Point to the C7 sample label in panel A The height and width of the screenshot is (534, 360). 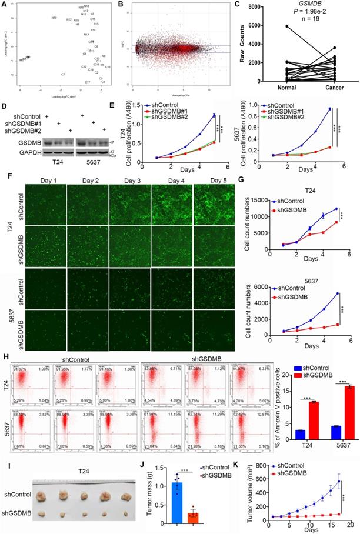pyautogui.click(x=63, y=75)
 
